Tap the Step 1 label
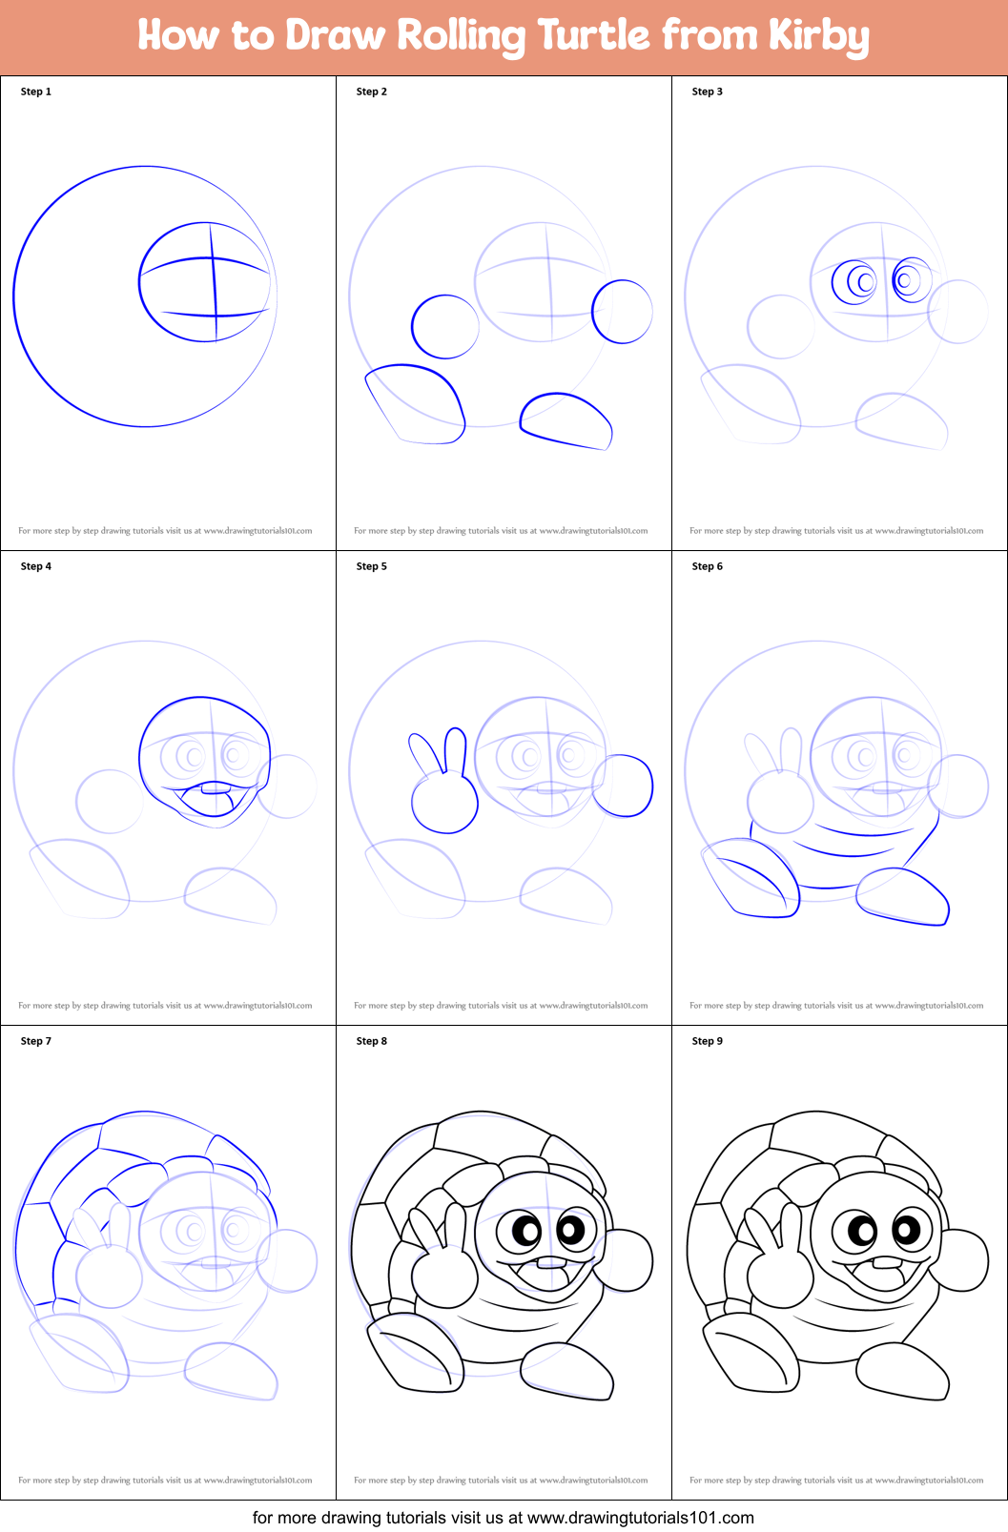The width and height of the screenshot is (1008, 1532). (36, 92)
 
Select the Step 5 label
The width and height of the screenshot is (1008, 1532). (372, 566)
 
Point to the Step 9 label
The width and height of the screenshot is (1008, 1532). (708, 1041)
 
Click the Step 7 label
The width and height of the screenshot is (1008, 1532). (36, 1041)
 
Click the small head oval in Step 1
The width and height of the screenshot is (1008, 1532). (205, 282)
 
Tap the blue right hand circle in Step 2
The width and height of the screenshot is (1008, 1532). (622, 312)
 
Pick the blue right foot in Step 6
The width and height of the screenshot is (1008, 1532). (903, 897)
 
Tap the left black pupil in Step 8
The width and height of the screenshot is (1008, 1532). (527, 1231)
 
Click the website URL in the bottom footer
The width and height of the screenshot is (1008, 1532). (640, 1517)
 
